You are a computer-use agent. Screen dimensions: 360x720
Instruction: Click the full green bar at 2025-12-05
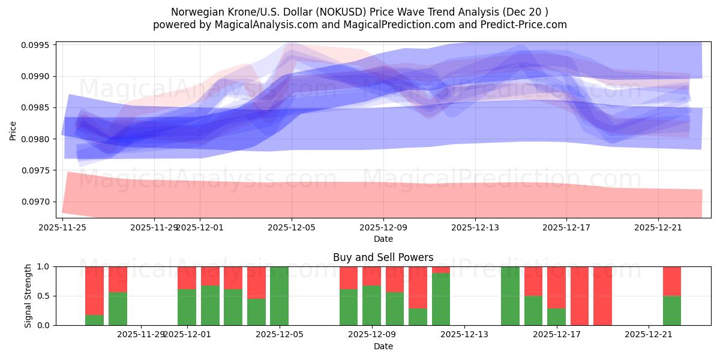tap(279, 296)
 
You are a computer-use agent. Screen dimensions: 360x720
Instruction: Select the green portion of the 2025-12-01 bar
tap(187, 307)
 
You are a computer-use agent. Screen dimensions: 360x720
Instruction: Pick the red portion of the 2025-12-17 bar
tap(556, 287)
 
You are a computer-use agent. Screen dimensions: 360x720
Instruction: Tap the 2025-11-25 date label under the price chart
tap(62, 227)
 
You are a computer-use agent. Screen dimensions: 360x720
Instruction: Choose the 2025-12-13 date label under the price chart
tap(475, 227)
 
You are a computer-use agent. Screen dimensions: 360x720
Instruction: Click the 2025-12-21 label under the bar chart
tap(649, 335)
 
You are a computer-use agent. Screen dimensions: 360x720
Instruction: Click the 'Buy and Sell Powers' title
tap(383, 257)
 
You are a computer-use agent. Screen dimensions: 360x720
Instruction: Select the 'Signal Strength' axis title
tap(28, 296)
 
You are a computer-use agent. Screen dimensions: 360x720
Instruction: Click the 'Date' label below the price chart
tap(383, 239)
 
